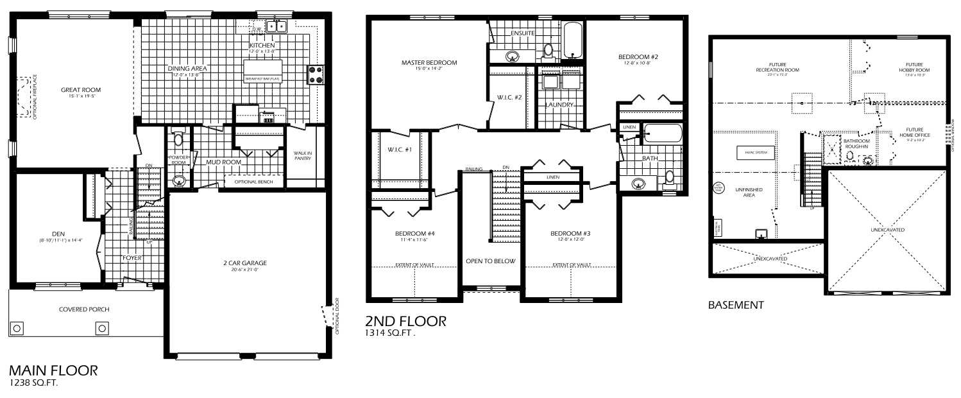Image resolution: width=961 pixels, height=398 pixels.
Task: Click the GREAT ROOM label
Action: click(x=81, y=90)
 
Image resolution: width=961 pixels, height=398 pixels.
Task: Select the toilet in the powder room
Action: click(x=178, y=139)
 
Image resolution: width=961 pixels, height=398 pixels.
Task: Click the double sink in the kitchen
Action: click(x=276, y=26)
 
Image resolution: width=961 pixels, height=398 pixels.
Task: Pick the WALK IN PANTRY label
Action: click(x=302, y=155)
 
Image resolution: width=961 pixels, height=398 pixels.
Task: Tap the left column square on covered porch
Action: click(x=18, y=328)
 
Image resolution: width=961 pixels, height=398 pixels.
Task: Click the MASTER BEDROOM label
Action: click(x=429, y=62)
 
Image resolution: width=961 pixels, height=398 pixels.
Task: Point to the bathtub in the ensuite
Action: click(x=572, y=40)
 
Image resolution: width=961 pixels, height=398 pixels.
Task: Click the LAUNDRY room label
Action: click(x=559, y=104)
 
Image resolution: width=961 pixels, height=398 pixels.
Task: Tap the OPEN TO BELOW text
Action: click(x=491, y=262)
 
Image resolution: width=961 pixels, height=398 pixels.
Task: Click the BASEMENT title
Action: click(x=736, y=306)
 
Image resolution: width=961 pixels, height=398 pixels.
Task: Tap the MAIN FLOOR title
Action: click(x=53, y=371)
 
